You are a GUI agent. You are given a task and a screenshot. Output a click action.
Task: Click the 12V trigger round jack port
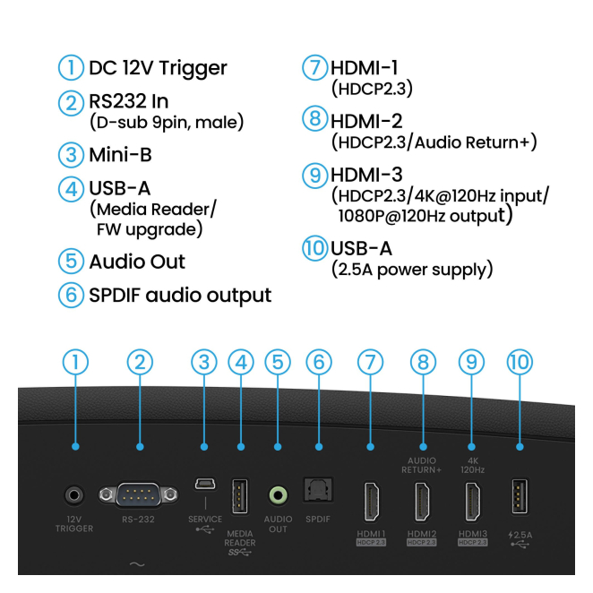pyautogui.click(x=74, y=494)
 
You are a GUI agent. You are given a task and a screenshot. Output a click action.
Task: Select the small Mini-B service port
pyautogui.click(x=204, y=485)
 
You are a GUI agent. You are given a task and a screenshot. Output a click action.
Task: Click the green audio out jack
pyautogui.click(x=278, y=494)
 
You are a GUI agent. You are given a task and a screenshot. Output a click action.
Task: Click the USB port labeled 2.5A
pyautogui.click(x=519, y=496)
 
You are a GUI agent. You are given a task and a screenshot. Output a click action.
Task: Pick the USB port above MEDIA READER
pyautogui.click(x=240, y=497)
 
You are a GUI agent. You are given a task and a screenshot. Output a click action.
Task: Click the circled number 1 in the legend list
pyautogui.click(x=72, y=67)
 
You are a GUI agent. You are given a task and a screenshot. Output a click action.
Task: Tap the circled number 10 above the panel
pyautogui.click(x=519, y=362)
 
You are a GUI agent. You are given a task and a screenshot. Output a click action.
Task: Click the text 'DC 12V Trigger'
pyautogui.click(x=158, y=68)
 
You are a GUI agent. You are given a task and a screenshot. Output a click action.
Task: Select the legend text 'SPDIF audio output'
pyautogui.click(x=179, y=294)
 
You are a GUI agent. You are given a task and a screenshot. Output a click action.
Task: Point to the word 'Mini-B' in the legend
pyautogui.click(x=120, y=155)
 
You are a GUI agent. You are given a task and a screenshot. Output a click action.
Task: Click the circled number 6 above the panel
pyautogui.click(x=318, y=362)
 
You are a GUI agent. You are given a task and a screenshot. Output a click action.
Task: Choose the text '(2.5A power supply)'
pyautogui.click(x=411, y=269)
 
